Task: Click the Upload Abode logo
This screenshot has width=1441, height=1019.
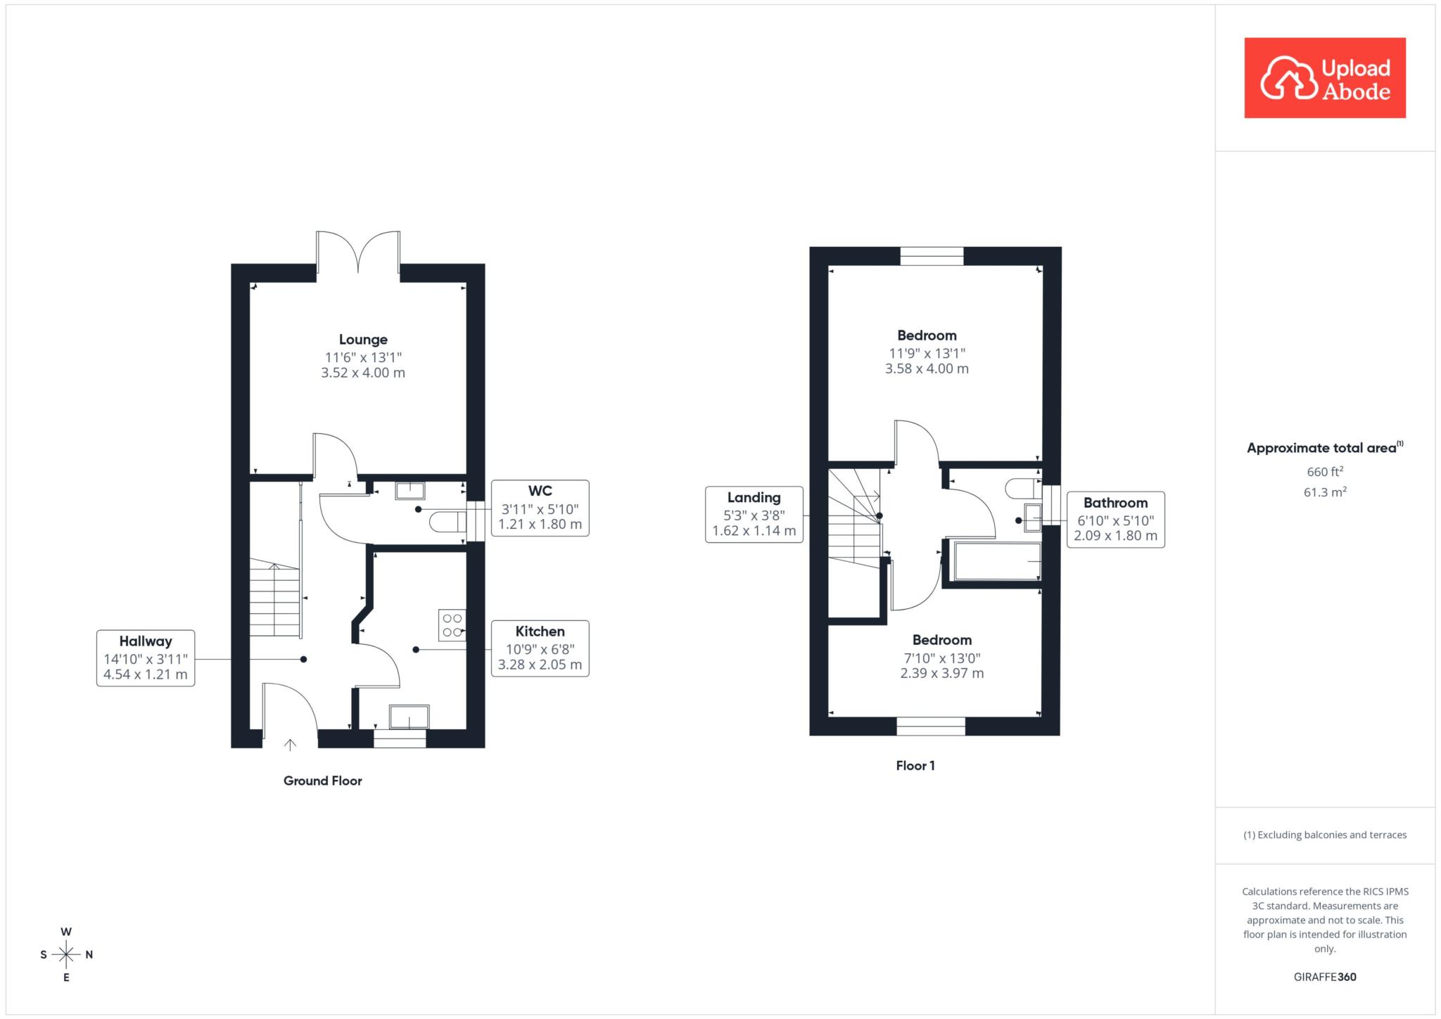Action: pos(1325,78)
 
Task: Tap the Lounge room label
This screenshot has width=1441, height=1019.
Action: pos(363,340)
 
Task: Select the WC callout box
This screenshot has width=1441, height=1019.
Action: pos(540,508)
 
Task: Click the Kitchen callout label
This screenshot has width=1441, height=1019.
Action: pos(540,632)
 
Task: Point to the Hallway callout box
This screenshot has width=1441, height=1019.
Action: pos(146,658)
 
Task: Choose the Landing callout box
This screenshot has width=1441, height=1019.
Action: pos(754,514)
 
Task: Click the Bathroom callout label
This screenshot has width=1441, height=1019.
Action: pos(1115,503)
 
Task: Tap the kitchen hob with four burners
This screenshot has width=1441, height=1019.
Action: pos(452,625)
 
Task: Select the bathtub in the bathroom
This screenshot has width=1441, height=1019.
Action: pos(997,561)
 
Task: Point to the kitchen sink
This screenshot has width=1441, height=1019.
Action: pos(409,717)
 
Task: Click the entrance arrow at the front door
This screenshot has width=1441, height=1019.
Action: pos(290,744)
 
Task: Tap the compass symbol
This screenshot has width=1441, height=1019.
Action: pos(66,954)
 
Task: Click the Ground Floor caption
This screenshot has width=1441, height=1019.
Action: pos(323,781)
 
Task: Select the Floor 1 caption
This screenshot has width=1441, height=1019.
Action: pos(915,766)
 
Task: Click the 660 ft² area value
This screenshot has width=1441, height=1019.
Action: pos(1325,471)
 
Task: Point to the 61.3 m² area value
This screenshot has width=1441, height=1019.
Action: pos(1325,492)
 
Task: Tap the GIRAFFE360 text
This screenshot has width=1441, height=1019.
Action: pos(1325,977)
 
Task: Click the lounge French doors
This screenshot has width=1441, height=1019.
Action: pos(358,252)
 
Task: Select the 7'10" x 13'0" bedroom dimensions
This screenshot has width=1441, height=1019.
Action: pos(941,658)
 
